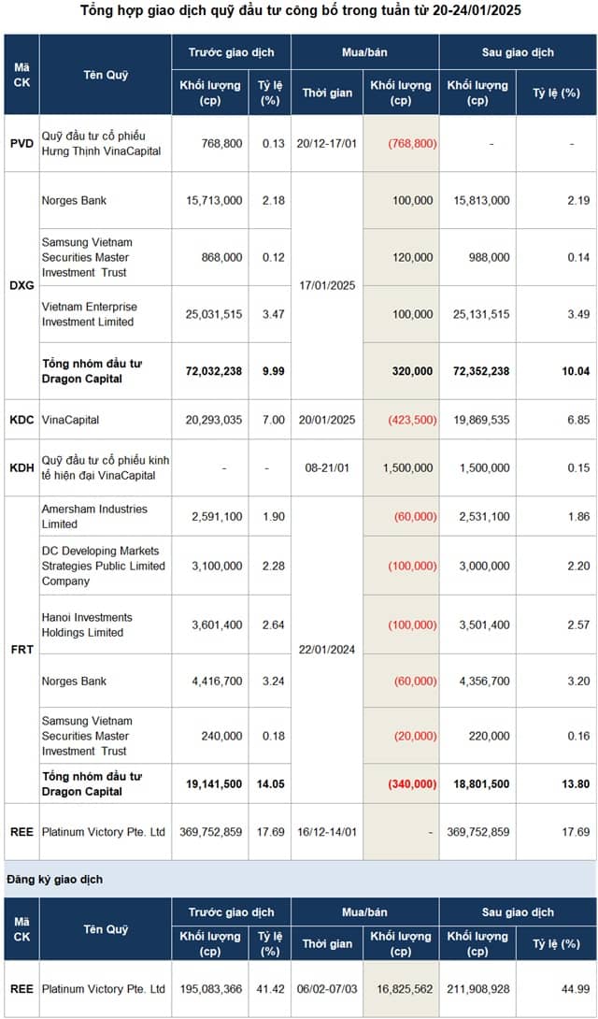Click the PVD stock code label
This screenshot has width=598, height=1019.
pos(21,144)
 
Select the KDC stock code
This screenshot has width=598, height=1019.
pos(21,420)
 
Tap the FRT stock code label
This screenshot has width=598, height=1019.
pos(21,649)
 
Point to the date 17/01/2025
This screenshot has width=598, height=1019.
pos(327,285)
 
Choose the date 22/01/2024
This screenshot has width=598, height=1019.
pos(327,649)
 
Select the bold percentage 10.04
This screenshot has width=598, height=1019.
pos(576,371)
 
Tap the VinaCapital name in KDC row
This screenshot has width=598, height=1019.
pos(71,420)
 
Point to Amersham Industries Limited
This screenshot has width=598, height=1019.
pos(94,516)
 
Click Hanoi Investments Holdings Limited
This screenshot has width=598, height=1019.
pos(87,624)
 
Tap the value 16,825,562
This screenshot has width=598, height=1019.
pos(403,989)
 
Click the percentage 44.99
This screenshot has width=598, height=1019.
pos(576,989)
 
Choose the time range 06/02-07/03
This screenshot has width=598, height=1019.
pos(327,989)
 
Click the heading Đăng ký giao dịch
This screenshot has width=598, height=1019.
pos(55,880)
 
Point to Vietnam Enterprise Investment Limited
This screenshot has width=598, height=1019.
pos(90,314)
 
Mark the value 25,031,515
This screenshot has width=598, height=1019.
pos(211,314)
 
